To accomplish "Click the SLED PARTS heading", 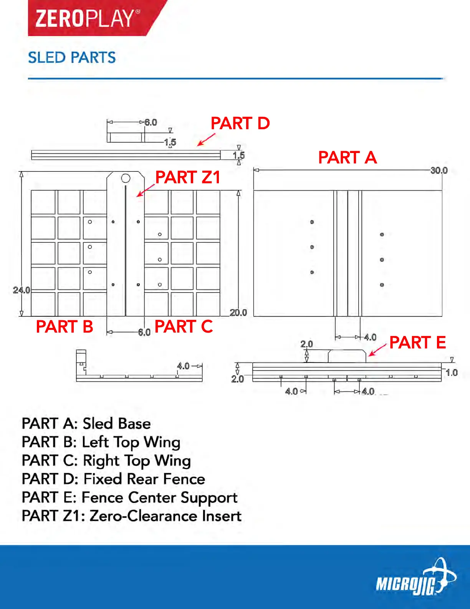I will coord(72,58).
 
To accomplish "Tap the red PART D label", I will coord(240,123).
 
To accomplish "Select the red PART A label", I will coord(347,158).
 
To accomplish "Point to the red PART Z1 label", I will coord(188,177).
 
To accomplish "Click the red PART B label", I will coord(65,327).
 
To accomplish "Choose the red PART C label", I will coord(184,327).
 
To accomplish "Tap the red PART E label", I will coord(417,343).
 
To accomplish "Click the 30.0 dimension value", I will coord(439,170).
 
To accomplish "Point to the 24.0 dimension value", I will coord(21,290).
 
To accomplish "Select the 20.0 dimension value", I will coord(238,313).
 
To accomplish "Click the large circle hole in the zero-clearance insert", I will coord(126,178).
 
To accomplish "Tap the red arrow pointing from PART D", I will coord(206,140).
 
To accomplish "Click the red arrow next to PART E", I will coord(377,350).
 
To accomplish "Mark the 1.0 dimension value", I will coord(452,373).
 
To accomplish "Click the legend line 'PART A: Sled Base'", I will coord(86,424).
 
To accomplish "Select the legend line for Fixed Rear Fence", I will coord(113,479).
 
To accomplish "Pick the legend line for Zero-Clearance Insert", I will coord(131,516).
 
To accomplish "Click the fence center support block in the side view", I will coord(347,356).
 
